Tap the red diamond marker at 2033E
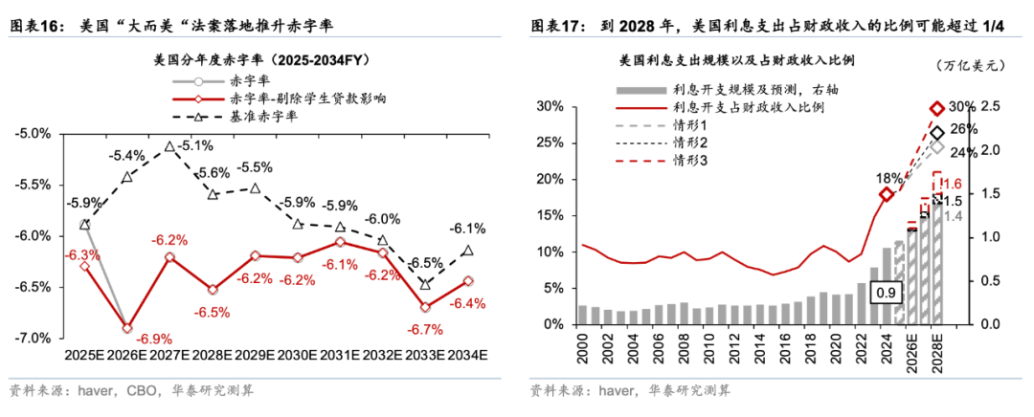pos(425,307)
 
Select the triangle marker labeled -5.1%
pos(169,146)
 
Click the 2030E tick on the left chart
pos(298,355)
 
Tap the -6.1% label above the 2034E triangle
pos(467,228)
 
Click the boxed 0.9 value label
pos(884,295)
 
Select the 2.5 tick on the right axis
pos(989,106)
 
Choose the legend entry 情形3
pos(689,160)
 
